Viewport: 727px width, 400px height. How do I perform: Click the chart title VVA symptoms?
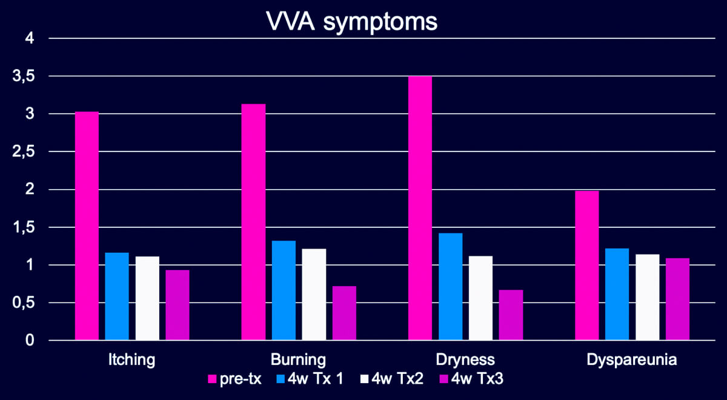tap(352, 22)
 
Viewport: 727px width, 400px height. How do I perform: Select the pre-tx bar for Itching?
tap(87, 226)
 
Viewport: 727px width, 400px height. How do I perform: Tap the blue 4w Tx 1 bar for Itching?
tap(117, 296)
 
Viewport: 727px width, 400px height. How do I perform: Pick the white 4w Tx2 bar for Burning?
tap(314, 295)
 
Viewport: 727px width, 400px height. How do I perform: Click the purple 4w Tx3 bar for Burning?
tap(344, 313)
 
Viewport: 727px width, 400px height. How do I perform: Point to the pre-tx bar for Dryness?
tap(420, 208)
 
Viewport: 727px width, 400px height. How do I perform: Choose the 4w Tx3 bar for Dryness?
tap(511, 315)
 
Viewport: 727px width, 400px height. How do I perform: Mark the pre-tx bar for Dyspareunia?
tap(586, 265)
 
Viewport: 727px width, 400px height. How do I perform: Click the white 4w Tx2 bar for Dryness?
tap(480, 298)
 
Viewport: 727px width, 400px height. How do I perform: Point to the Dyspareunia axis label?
tap(632, 360)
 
